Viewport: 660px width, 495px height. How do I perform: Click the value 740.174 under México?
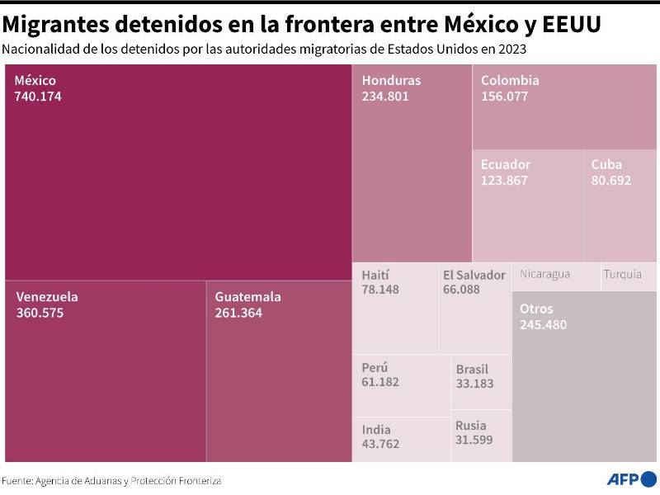tap(38, 97)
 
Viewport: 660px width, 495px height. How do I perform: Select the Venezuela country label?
tap(47, 297)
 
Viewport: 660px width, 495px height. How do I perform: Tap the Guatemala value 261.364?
tap(238, 313)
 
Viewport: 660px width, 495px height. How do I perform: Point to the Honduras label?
tap(391, 81)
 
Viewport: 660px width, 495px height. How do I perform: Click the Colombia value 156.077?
tap(504, 97)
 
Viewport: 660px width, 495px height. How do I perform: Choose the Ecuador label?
tap(506, 164)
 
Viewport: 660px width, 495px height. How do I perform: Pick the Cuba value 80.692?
tap(611, 180)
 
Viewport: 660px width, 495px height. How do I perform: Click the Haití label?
tap(375, 275)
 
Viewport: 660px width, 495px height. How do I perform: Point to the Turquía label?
tap(622, 275)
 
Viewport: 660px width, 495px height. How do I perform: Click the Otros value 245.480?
tap(543, 325)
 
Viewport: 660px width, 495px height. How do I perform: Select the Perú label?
tap(375, 367)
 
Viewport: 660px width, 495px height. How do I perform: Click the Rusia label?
tap(471, 426)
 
